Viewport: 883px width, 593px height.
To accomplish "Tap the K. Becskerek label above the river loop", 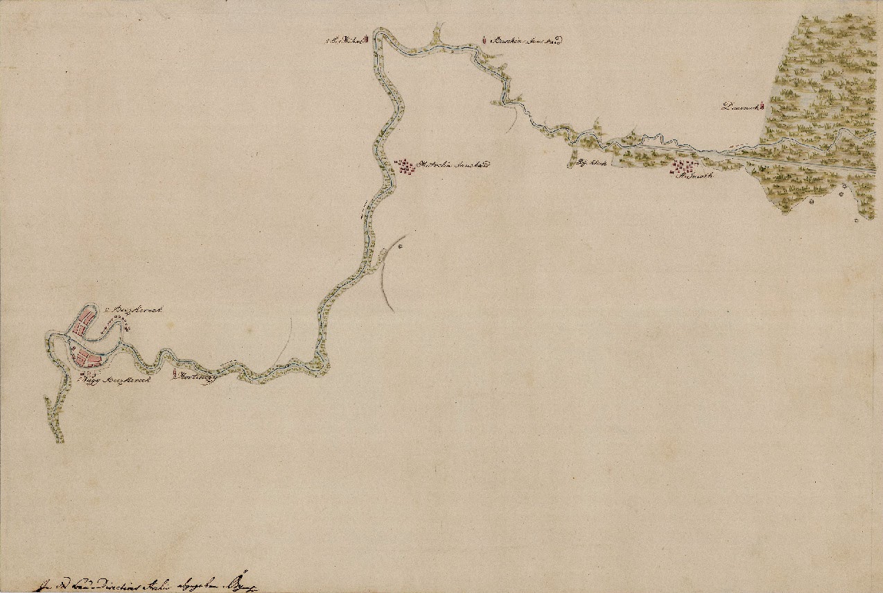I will (134, 311).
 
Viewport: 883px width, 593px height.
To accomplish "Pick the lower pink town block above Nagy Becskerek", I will (86, 358).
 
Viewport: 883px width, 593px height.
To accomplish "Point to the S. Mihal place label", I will (344, 41).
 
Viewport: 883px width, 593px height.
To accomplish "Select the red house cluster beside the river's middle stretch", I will (403, 167).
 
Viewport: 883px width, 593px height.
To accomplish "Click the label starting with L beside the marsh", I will (739, 107).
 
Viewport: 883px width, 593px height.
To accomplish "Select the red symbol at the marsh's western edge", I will (761, 106).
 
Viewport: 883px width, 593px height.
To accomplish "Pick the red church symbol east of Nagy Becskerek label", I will (174, 375).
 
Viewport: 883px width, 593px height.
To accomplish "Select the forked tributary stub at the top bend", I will (437, 32).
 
